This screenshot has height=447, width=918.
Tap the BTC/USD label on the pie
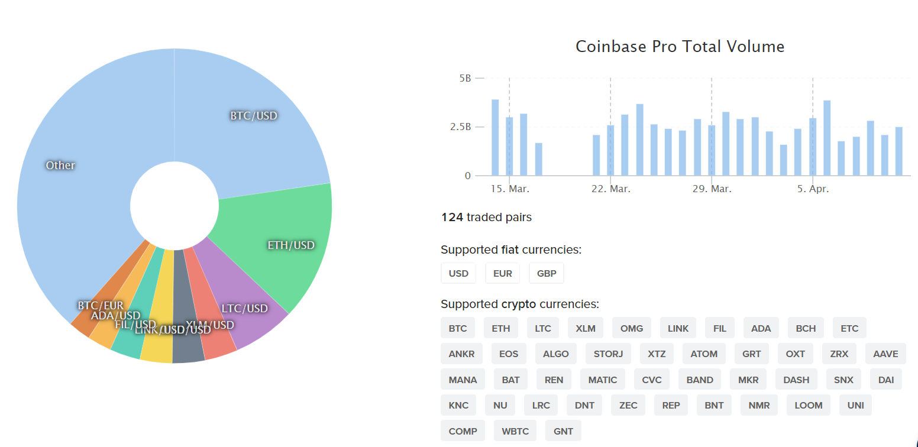pyautogui.click(x=254, y=115)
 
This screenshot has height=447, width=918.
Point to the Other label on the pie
pyautogui.click(x=60, y=166)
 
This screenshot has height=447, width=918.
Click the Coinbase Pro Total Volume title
pyautogui.click(x=680, y=47)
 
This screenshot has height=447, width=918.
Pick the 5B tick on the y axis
pyautogui.click(x=465, y=78)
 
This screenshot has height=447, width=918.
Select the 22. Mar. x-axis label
pyautogui.click(x=611, y=189)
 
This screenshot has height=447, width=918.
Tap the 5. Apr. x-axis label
pyautogui.click(x=813, y=189)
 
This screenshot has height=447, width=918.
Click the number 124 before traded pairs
pyautogui.click(x=452, y=218)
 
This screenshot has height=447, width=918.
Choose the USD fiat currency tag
pyautogui.click(x=458, y=273)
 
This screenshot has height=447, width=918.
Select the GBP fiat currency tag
pyautogui.click(x=547, y=273)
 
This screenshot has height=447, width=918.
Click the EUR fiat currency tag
pyautogui.click(x=503, y=273)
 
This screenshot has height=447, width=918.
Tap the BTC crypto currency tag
pyautogui.click(x=458, y=328)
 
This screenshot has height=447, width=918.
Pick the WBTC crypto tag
pyautogui.click(x=515, y=431)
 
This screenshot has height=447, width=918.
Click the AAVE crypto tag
pyautogui.click(x=885, y=354)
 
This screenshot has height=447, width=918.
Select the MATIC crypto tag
pyautogui.click(x=603, y=380)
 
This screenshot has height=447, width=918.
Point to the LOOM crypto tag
pyautogui.click(x=809, y=406)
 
